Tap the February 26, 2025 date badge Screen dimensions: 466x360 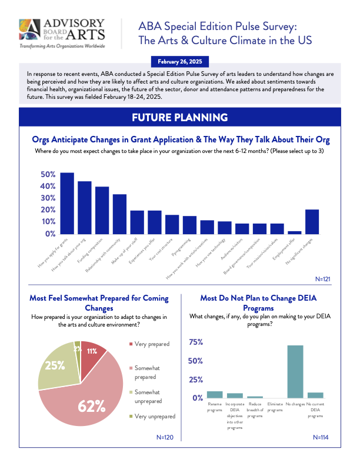[x=180, y=61]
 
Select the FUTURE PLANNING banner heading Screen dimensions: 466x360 [x=180, y=118]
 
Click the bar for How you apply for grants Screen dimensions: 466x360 [x=67, y=203]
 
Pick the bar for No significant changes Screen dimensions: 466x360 [x=312, y=221]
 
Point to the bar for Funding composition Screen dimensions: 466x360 [x=102, y=210]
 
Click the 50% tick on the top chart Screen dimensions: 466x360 [x=48, y=175]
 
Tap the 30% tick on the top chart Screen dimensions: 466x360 [x=48, y=198]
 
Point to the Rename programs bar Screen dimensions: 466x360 [x=215, y=394]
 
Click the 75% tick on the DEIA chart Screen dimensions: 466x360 [x=195, y=342]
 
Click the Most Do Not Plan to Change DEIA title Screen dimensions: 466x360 [x=259, y=303]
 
